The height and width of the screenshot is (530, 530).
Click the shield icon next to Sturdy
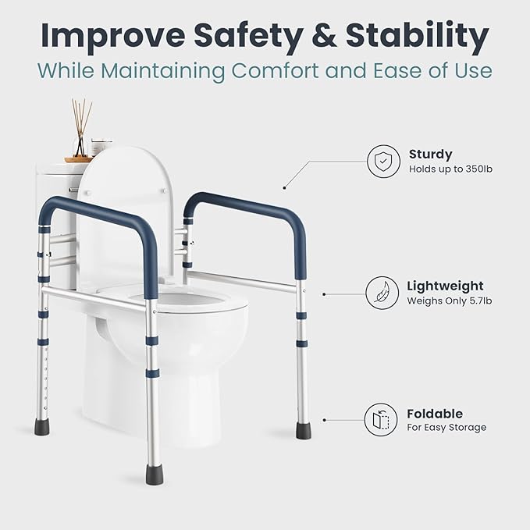pos(383,162)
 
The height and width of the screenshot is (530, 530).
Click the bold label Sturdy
pos(430,155)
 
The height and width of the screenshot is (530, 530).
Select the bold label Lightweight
pos(445,286)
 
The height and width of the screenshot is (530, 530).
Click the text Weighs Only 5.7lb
pos(449,301)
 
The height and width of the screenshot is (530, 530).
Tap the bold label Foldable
pos(435,413)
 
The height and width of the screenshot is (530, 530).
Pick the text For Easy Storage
pos(446,428)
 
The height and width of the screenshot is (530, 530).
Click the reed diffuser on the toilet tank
pos(80,133)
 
